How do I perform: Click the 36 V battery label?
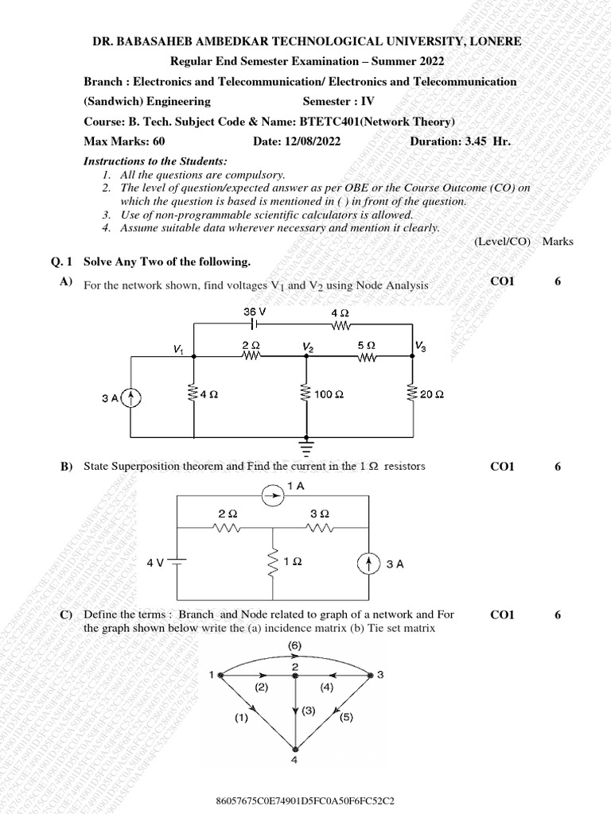(255, 312)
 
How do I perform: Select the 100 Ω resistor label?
(329, 393)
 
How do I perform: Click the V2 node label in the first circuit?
(306, 348)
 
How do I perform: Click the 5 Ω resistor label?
(367, 347)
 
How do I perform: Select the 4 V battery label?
(154, 563)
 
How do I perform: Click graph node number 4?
(296, 761)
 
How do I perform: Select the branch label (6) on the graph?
(294, 646)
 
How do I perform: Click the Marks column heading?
(557, 241)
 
